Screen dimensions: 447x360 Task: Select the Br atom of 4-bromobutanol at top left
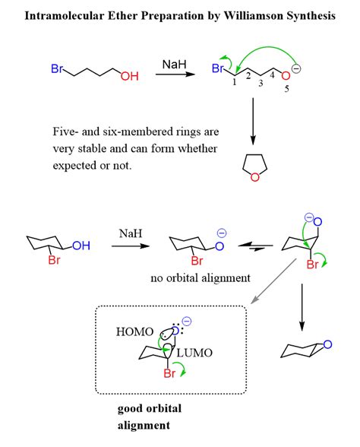(58, 69)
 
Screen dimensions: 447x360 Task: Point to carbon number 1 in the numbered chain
(234, 84)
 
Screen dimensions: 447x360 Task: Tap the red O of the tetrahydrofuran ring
(255, 179)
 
